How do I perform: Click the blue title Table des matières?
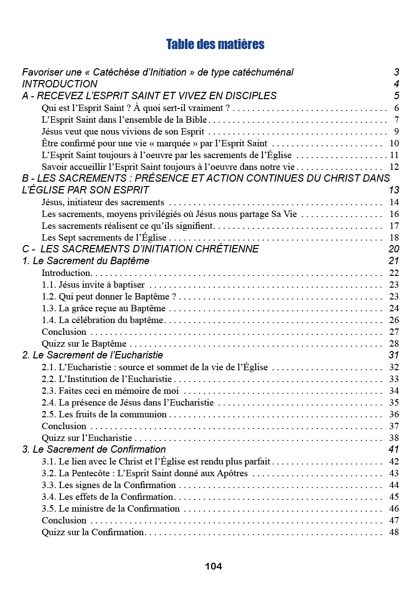[x=215, y=45]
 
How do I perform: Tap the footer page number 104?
[x=213, y=566]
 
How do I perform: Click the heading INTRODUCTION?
[x=59, y=84]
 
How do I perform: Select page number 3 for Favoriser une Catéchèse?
[x=396, y=72]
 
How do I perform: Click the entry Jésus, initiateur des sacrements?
[x=103, y=202]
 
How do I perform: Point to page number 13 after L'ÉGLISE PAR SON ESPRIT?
[x=394, y=190]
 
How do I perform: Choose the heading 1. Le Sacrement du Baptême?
[x=86, y=261]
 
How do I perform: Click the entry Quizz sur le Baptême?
[x=84, y=344]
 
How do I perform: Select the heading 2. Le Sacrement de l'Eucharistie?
[x=93, y=355]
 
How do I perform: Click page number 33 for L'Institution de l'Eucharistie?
[x=394, y=379]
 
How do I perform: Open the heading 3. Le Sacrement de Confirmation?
[x=94, y=449]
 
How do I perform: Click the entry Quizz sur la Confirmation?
[x=93, y=532]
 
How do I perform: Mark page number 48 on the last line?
[x=394, y=532]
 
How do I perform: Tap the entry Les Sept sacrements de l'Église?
[x=105, y=238]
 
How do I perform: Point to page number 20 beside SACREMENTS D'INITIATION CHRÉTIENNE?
[x=394, y=249]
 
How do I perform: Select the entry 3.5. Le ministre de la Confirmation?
[x=111, y=509]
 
